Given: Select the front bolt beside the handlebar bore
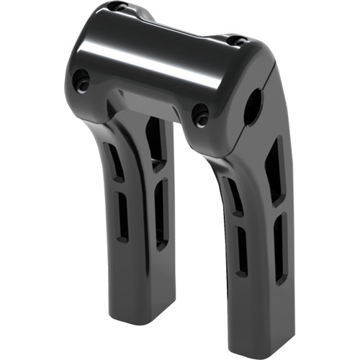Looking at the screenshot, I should pos(200,114).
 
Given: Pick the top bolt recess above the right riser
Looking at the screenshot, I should pos(235,40).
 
